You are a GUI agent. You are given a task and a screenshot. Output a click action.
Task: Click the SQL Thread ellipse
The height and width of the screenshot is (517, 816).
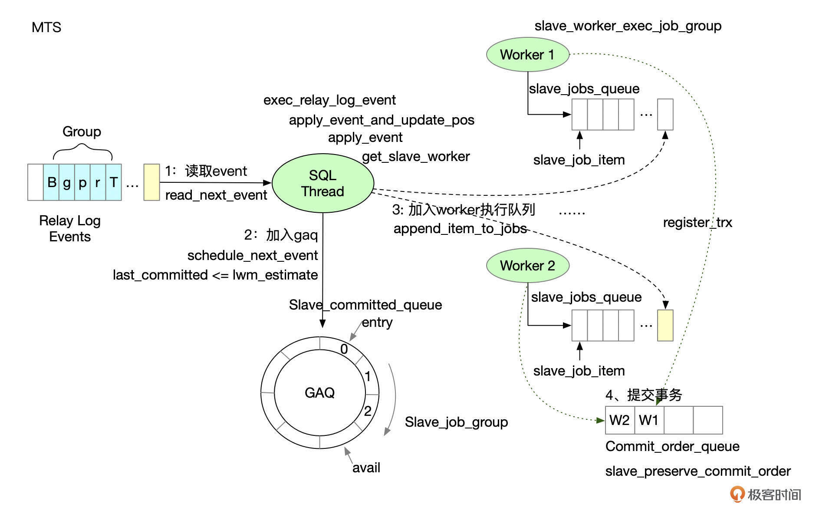coord(322,183)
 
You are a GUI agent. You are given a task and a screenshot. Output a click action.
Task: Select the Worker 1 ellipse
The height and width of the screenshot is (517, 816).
coord(527,55)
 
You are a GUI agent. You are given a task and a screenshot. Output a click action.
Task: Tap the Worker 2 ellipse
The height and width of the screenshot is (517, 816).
coord(527,266)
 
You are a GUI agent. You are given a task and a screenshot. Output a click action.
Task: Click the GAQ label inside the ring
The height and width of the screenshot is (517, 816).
coord(319,393)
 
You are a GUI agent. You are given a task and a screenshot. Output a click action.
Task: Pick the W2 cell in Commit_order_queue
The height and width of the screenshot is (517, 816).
coord(619,420)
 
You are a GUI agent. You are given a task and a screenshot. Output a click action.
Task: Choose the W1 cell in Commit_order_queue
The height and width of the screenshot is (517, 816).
coord(649,420)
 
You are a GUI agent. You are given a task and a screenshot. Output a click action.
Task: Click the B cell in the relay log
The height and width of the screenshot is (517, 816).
coord(51,182)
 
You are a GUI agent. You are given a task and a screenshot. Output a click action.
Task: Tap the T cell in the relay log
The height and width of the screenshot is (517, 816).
coord(114,182)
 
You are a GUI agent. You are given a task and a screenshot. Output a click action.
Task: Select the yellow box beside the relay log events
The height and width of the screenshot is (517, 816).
coord(151,182)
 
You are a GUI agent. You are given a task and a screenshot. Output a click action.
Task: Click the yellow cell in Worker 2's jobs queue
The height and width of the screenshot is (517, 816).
coord(665,326)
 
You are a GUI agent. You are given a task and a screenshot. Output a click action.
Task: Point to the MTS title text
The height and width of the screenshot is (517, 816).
coord(46,27)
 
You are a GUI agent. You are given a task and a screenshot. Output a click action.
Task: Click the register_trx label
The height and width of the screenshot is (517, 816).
coord(697,223)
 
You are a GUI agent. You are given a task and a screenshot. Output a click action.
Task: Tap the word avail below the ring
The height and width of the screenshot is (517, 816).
coord(366,468)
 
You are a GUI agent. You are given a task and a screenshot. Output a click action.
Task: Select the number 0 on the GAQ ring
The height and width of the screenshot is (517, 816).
coord(344,349)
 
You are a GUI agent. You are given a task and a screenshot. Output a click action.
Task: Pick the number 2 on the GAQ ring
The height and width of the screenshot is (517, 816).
coord(368,411)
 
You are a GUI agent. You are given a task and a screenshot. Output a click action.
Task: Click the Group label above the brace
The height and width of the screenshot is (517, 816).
coord(82,132)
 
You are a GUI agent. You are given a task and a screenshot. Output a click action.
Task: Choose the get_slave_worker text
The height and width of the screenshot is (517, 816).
coord(416,156)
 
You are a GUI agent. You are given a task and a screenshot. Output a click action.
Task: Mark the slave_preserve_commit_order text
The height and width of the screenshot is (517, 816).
coord(698,471)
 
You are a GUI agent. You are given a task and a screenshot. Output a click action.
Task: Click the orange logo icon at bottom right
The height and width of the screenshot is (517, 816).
coord(737,494)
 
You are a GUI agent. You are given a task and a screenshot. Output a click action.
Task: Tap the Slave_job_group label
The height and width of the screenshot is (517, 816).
coord(456,422)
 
